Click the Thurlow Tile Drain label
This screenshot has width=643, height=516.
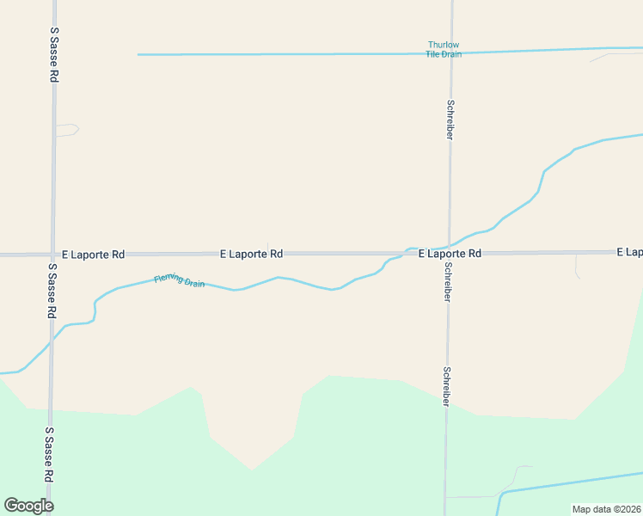[x=444, y=49]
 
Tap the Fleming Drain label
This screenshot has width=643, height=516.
[x=179, y=280]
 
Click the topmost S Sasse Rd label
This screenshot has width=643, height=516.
[x=54, y=54]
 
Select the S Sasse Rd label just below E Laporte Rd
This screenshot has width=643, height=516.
[x=51, y=290]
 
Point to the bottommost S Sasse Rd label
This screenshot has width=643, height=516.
[x=49, y=455]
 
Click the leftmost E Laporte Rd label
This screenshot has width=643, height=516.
[x=93, y=255]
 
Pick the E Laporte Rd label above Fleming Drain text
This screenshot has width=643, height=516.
[x=251, y=255]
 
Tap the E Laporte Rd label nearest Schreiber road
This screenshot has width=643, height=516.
[x=450, y=254]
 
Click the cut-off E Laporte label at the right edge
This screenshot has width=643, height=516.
[x=629, y=252]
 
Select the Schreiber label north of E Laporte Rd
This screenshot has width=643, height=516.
[x=450, y=120]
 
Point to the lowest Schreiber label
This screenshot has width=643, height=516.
[x=446, y=388]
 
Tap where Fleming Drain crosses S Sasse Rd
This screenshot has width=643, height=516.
[x=51, y=338]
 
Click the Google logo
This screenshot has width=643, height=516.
[x=28, y=506]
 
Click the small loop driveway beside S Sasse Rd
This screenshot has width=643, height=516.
[x=67, y=130]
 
